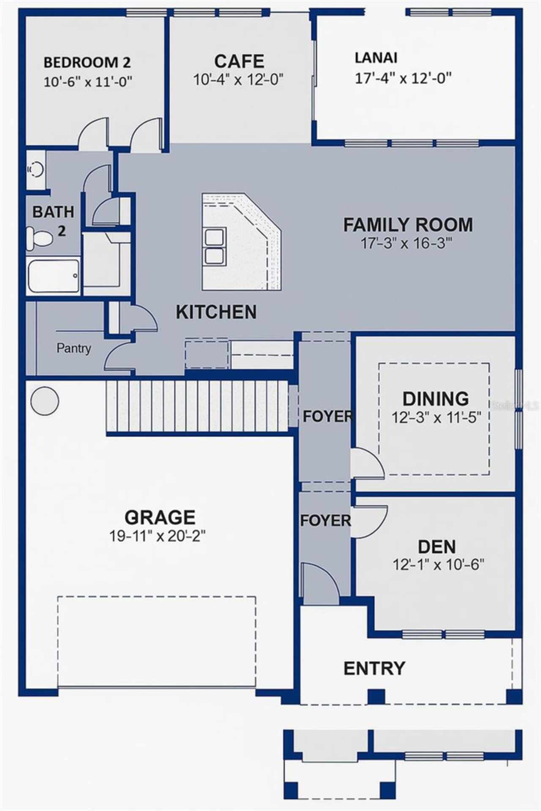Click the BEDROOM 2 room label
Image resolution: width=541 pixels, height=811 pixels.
pyautogui.click(x=87, y=63)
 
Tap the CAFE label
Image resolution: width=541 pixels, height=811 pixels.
pyautogui.click(x=239, y=61)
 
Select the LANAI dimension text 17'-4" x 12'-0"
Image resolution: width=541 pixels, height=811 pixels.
pyautogui.click(x=403, y=78)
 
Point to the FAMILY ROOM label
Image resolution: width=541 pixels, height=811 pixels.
pyautogui.click(x=408, y=224)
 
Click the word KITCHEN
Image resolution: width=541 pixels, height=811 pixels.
pyautogui.click(x=216, y=312)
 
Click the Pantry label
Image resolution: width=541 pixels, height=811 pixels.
pyautogui.click(x=74, y=348)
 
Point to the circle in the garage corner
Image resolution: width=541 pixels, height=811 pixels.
pyautogui.click(x=44, y=400)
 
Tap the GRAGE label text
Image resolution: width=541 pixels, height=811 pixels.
pyautogui.click(x=160, y=517)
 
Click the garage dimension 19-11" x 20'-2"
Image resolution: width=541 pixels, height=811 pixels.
pyautogui.click(x=157, y=536)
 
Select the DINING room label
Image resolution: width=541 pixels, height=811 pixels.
pyautogui.click(x=435, y=398)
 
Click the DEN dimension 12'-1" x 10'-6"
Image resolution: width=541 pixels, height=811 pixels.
pyautogui.click(x=438, y=564)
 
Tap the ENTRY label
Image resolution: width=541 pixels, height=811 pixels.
pyautogui.click(x=374, y=668)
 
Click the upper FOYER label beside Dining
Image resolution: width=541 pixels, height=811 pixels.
pyautogui.click(x=328, y=416)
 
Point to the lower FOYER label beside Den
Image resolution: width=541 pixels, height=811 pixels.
pyautogui.click(x=325, y=520)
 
